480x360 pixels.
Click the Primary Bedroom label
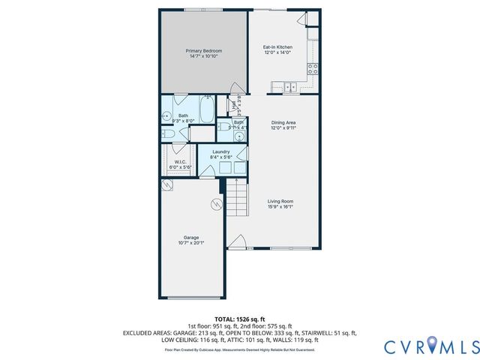coord(204,52)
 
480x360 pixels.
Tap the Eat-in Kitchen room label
coord(277,49)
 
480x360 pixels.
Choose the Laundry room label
coord(221,154)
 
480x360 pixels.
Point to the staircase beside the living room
coord(237,199)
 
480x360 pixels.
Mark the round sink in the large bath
coord(166,115)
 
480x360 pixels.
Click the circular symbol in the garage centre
coord(217,202)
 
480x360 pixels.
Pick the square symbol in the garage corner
coord(168,184)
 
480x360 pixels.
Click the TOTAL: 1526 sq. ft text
coord(239,319)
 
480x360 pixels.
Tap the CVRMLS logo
coord(431,346)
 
